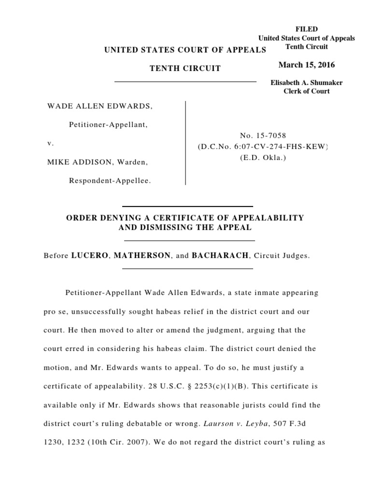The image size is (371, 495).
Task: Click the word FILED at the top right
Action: (306, 29)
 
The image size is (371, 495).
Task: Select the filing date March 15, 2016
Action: (306, 65)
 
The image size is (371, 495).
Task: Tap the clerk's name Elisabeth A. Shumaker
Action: (306, 83)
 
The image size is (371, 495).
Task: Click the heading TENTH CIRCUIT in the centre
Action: (185, 69)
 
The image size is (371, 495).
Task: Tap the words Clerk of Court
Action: (306, 91)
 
